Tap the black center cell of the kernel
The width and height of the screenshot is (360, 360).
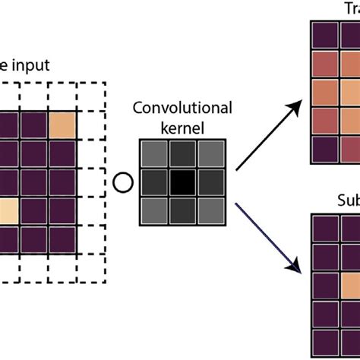point(182,182)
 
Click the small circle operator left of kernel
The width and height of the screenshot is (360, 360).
point(120,182)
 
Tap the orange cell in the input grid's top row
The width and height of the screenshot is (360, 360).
point(63,124)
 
